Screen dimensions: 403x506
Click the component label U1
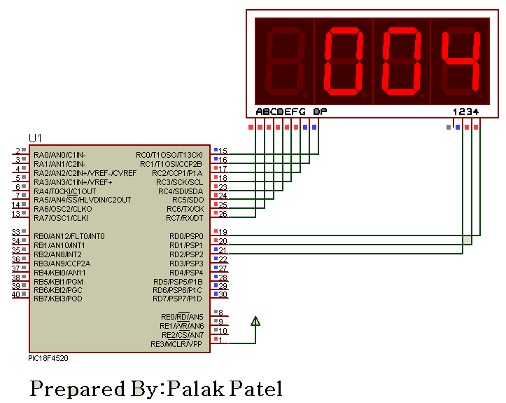click(35, 137)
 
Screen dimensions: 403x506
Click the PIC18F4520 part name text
click(48, 358)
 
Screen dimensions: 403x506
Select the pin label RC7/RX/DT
click(184, 218)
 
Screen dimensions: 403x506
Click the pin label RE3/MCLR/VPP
click(176, 344)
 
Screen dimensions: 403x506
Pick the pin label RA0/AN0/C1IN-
click(59, 154)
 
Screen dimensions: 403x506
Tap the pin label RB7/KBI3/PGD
click(58, 299)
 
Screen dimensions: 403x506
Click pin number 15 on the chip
click(223, 151)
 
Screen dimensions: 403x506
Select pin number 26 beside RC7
click(223, 214)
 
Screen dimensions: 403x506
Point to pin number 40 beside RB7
click(16, 294)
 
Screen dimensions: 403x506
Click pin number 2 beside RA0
click(17, 151)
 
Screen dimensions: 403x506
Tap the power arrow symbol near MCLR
click(255, 322)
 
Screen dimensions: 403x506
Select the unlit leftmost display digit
click(283, 62)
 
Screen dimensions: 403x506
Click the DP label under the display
click(320, 111)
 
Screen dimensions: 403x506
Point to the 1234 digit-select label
click(466, 111)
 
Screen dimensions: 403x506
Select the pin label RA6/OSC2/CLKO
click(62, 209)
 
